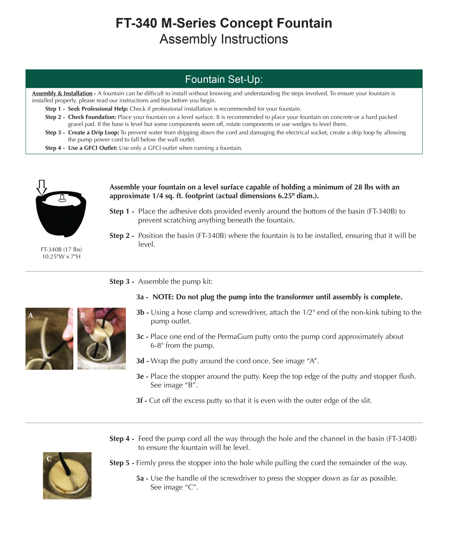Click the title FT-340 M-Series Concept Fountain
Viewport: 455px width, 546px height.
(x=223, y=23)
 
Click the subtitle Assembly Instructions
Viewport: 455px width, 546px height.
(x=223, y=39)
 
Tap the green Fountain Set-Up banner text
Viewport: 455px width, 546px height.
(x=223, y=79)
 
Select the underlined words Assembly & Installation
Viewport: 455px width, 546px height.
(x=62, y=94)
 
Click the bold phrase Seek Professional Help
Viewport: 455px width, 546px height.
(x=98, y=109)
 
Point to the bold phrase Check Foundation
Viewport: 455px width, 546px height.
(x=92, y=117)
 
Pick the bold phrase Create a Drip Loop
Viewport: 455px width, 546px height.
(x=93, y=132)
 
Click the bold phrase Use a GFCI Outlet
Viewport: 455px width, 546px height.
(x=92, y=148)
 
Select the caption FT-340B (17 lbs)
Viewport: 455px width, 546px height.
(x=61, y=250)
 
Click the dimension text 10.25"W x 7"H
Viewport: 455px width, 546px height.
(x=61, y=257)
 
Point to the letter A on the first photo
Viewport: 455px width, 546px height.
(x=31, y=315)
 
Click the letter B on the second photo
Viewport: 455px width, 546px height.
(x=83, y=315)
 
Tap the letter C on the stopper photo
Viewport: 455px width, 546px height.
(x=49, y=459)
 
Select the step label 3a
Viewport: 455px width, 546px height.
(x=141, y=297)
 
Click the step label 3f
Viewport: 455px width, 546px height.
(x=141, y=401)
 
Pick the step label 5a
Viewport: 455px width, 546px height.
(x=141, y=478)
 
